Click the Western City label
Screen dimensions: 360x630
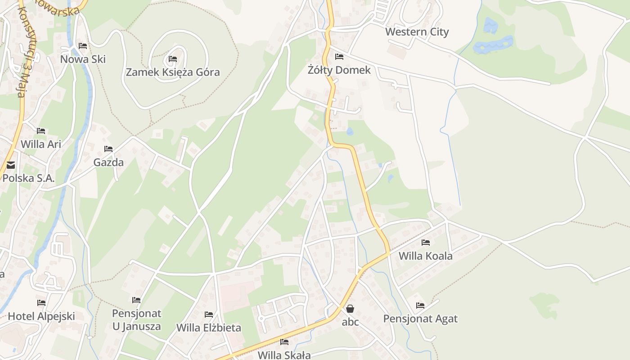417,32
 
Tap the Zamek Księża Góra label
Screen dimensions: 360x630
173,72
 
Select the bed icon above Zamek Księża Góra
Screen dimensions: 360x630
173,59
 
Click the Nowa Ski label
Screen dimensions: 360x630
83,59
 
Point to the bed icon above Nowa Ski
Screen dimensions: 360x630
82,46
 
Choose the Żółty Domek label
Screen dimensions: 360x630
339,70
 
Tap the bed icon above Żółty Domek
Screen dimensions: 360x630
339,57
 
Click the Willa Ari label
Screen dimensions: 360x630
41,144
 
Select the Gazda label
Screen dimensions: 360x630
108,162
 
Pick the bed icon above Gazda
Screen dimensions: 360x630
108,149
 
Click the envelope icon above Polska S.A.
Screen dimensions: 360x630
10,165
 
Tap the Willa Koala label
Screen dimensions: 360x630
426,256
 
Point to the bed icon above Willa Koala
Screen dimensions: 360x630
426,243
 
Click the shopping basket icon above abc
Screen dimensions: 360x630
350,309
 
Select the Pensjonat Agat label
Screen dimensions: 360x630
420,319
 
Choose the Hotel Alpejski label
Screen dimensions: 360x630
41,316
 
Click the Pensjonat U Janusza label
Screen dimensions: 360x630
136,319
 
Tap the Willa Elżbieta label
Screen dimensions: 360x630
209,328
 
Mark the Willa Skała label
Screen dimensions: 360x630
284,355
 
